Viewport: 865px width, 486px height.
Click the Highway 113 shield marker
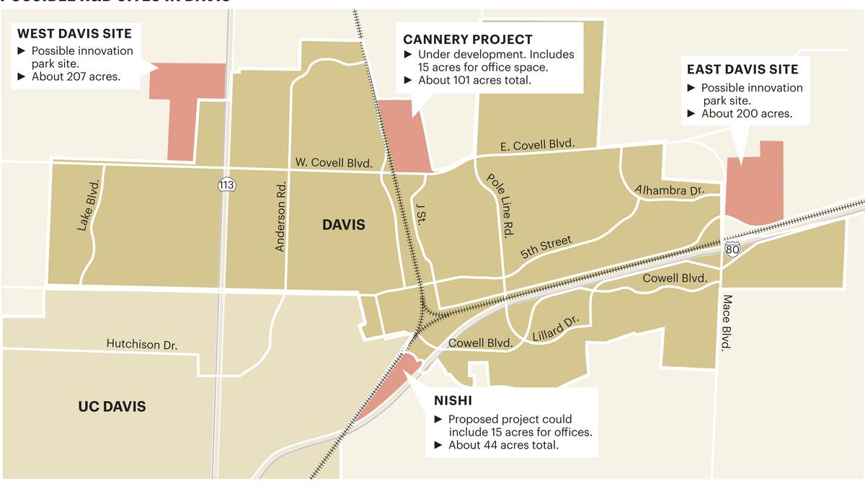(226, 185)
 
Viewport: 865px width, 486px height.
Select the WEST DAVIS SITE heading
(74, 33)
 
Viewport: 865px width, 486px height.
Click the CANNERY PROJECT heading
(468, 40)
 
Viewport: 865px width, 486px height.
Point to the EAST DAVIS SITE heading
(742, 69)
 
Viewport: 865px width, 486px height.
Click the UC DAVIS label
(112, 407)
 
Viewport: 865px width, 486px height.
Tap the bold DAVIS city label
(344, 225)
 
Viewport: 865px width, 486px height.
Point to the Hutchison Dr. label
(142, 345)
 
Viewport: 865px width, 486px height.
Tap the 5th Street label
(546, 247)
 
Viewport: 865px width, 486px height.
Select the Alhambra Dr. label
(668, 190)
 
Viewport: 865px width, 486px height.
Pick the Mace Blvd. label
(728, 322)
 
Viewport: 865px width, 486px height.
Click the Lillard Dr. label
(556, 329)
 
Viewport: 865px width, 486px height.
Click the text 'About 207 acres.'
(76, 76)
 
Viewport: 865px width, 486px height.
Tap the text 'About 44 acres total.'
(502, 445)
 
